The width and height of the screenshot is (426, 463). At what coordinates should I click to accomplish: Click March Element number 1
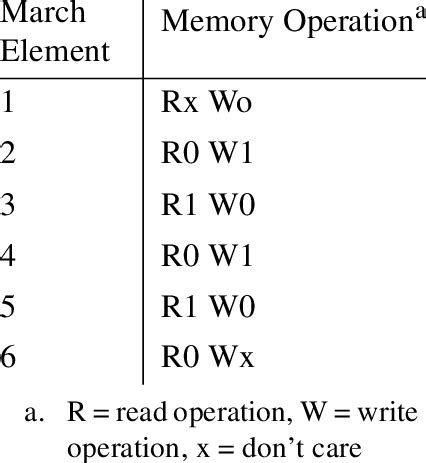pyautogui.click(x=8, y=101)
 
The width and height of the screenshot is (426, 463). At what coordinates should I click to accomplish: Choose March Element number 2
pyautogui.click(x=8, y=153)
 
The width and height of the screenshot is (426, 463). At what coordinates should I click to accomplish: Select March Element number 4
pyautogui.click(x=8, y=256)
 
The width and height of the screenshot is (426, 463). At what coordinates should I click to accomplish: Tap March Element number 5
pyautogui.click(x=8, y=307)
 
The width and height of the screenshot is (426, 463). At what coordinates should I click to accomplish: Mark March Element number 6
pyautogui.click(x=8, y=358)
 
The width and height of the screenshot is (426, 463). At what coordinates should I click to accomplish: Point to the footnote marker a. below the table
pyautogui.click(x=44, y=411)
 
